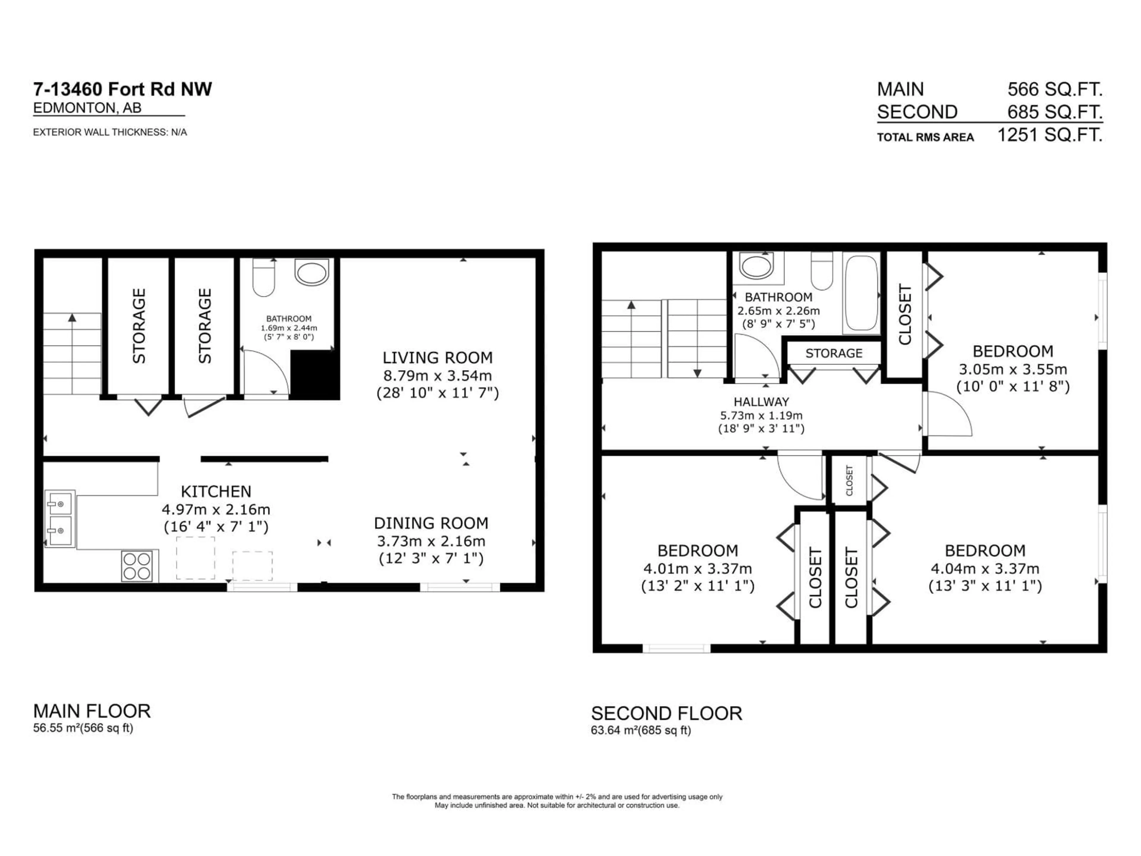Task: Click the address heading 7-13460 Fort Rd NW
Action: pyautogui.click(x=122, y=89)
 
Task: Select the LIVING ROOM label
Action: pyautogui.click(x=437, y=358)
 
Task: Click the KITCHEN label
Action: pyautogui.click(x=216, y=491)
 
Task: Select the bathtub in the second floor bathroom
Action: pyautogui.click(x=861, y=292)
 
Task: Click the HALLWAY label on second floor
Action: pyautogui.click(x=761, y=402)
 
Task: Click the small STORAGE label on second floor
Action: pyautogui.click(x=833, y=353)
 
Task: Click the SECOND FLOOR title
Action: pyautogui.click(x=666, y=714)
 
